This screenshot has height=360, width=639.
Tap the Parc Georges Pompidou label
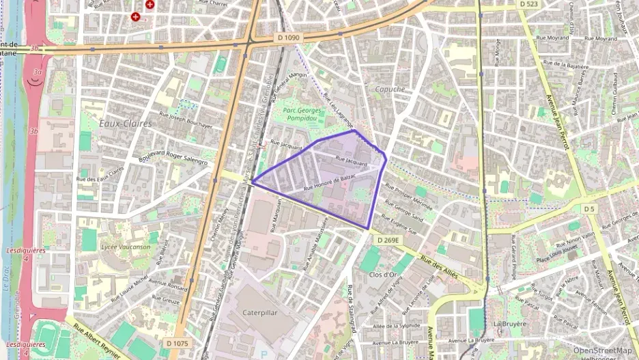click(x=304, y=113)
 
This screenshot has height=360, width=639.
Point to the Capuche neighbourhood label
click(x=390, y=89)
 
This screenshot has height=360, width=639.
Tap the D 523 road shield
click(x=528, y=4)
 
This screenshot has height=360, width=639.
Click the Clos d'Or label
click(x=383, y=275)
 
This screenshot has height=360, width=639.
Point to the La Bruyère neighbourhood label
click(x=510, y=324)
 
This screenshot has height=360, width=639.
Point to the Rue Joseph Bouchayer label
click(x=186, y=120)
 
